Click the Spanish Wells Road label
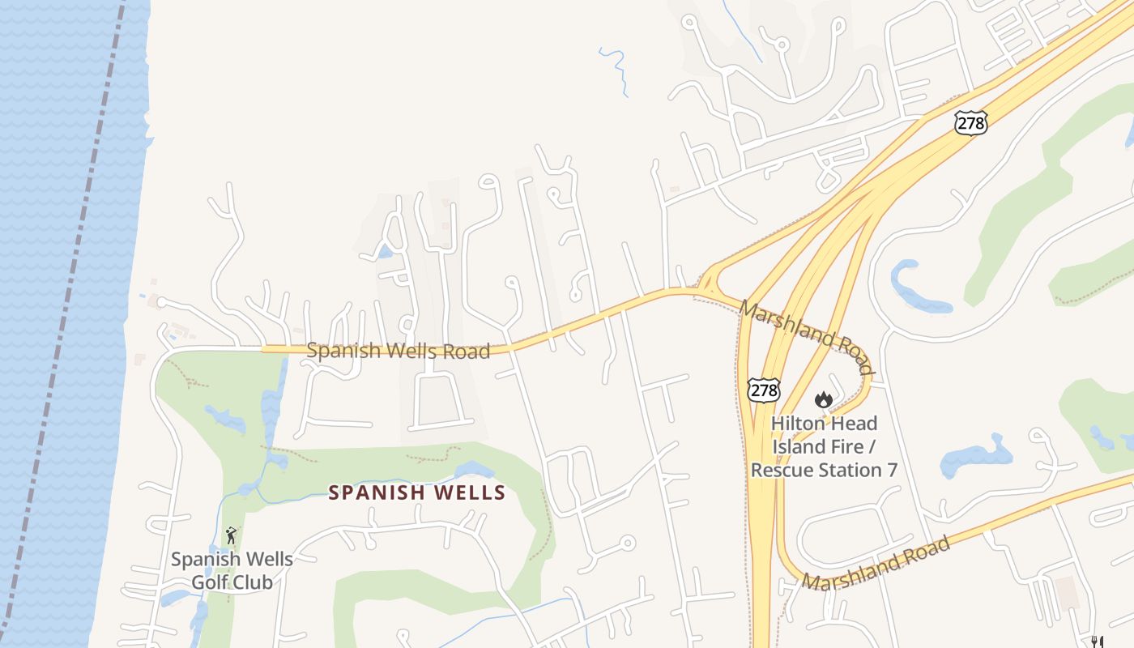(x=399, y=351)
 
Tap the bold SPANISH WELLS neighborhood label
(x=416, y=492)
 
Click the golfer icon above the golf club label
(x=232, y=535)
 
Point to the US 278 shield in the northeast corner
(x=970, y=123)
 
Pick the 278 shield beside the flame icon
(x=764, y=390)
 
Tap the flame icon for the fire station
(x=824, y=399)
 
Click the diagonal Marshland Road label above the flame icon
(x=807, y=337)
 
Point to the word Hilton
(x=799, y=423)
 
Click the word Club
(x=252, y=582)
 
